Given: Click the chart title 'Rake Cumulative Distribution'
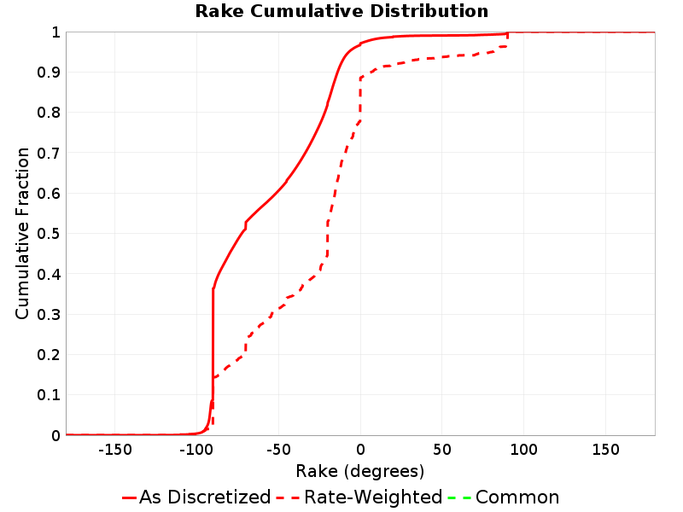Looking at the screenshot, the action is (341, 11).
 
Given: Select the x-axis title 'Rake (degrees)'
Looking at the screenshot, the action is (359, 471).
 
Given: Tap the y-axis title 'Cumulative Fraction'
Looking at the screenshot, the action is (22, 233).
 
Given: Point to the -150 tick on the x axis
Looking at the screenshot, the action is (114, 449).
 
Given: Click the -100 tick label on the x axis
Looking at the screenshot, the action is (196, 449).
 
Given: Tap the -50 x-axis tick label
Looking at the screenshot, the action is (278, 449).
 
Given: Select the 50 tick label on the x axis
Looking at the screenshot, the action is (442, 449).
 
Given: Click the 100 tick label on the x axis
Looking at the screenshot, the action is (523, 449).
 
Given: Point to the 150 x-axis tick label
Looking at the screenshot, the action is (605, 449).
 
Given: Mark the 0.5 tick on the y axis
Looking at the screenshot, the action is (49, 234).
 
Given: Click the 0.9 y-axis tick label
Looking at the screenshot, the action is (49, 73).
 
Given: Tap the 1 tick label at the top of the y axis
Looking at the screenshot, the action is (55, 32).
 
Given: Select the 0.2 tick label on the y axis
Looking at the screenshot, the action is (49, 355).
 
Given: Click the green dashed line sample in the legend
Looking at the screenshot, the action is (459, 497).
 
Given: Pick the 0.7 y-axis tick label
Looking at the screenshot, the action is (49, 154).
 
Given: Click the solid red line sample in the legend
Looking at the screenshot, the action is (130, 497).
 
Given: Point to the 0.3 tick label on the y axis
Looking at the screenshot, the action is (49, 314).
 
